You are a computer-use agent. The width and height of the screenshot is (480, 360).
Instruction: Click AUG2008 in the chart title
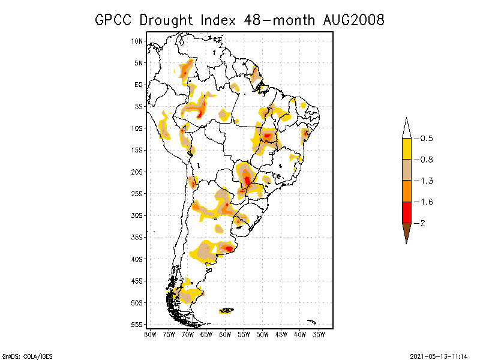pyautogui.click(x=351, y=20)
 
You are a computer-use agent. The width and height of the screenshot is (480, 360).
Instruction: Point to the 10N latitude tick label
pyautogui.click(x=137, y=41)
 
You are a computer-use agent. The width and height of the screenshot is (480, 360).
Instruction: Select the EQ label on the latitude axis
pyautogui.click(x=139, y=85)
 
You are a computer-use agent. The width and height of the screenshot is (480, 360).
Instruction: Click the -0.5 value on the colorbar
pyautogui.click(x=427, y=139)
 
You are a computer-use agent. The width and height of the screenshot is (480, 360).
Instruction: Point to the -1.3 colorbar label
pyautogui.click(x=427, y=181)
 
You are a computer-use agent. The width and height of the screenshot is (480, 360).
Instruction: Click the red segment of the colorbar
pyautogui.click(x=407, y=212)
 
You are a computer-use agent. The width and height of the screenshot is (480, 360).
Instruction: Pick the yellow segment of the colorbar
pyautogui.click(x=407, y=149)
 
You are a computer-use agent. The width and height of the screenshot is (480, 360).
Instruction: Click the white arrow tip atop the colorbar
pyautogui.click(x=407, y=128)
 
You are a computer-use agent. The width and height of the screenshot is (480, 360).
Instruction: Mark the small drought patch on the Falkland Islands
pyautogui.click(x=227, y=310)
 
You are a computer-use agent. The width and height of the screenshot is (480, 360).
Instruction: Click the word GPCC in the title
pyautogui.click(x=115, y=20)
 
